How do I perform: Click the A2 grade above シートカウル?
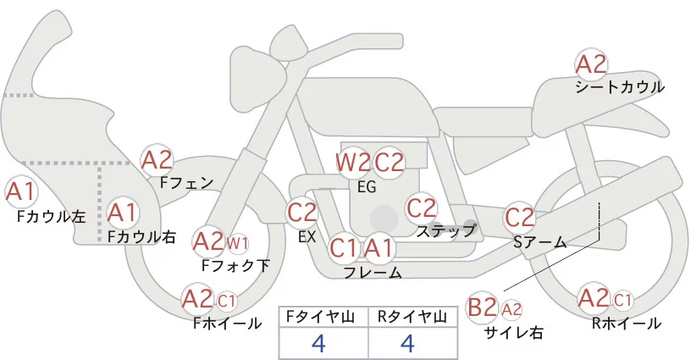(x=591, y=64)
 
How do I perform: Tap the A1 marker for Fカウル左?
(x=20, y=193)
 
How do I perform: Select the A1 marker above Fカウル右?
(x=122, y=213)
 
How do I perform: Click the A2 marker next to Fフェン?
(x=157, y=159)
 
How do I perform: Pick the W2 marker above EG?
(x=352, y=162)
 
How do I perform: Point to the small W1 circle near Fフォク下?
(x=238, y=245)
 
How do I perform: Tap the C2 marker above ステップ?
(x=421, y=208)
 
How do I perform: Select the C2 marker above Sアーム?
(x=520, y=216)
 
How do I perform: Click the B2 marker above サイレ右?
(x=483, y=307)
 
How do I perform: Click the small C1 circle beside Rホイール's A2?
(x=622, y=299)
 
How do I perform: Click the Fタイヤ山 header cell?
(x=323, y=317)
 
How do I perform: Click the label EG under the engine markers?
(x=367, y=187)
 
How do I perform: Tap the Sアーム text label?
(x=539, y=242)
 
